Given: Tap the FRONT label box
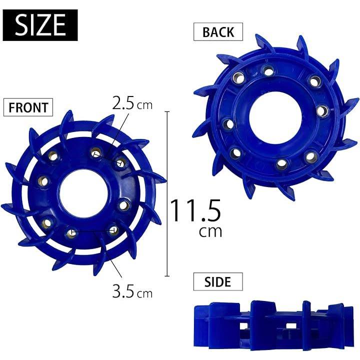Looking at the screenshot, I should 28,107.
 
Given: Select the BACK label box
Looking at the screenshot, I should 218,32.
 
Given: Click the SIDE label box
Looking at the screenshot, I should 218,282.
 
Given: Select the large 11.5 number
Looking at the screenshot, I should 195,211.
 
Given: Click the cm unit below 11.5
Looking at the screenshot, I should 210,231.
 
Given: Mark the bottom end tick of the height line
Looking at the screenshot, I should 167,275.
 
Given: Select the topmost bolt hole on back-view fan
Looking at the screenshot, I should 268,71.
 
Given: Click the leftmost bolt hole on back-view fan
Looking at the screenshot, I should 228,123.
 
